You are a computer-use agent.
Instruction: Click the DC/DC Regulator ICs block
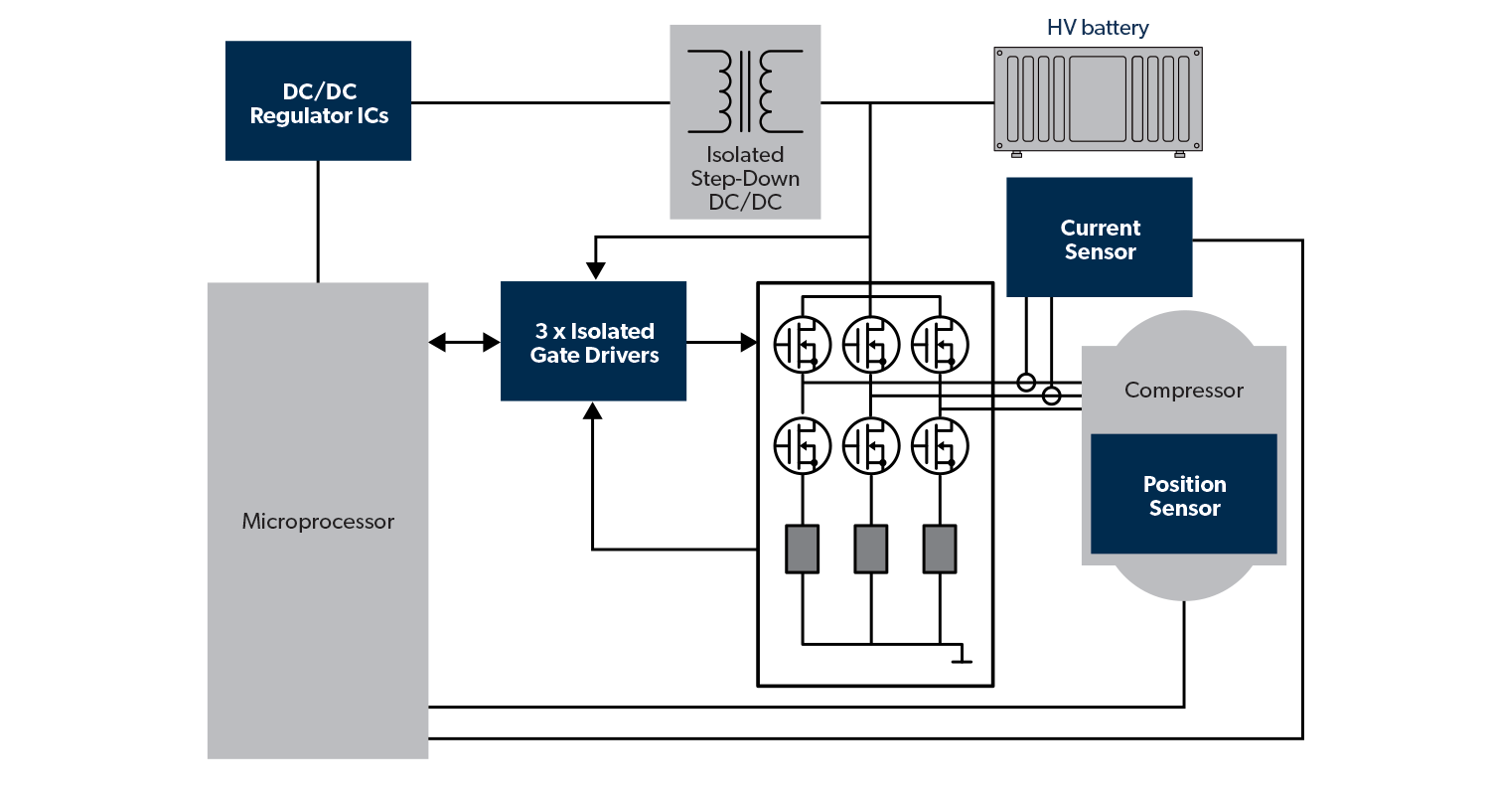point(318,100)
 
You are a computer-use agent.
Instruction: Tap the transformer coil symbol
point(745,91)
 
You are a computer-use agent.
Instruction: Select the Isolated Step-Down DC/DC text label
point(745,179)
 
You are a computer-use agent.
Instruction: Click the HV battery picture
point(1098,98)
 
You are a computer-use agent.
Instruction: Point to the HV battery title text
point(1098,28)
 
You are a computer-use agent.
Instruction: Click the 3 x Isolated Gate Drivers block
point(594,341)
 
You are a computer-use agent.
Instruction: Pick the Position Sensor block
point(1183,494)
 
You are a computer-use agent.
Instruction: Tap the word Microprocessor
point(318,522)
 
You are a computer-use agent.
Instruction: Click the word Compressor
point(1183,391)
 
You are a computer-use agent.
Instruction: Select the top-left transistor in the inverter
point(802,344)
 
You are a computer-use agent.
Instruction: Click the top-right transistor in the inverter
point(939,344)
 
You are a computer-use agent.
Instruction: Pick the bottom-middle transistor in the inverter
point(870,446)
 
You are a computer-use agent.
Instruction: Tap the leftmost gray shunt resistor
point(803,549)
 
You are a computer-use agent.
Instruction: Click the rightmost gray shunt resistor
point(939,549)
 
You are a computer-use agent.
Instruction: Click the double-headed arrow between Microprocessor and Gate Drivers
point(464,343)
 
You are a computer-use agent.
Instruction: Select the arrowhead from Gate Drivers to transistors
point(748,343)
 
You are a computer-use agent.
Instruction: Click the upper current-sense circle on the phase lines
point(1027,382)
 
